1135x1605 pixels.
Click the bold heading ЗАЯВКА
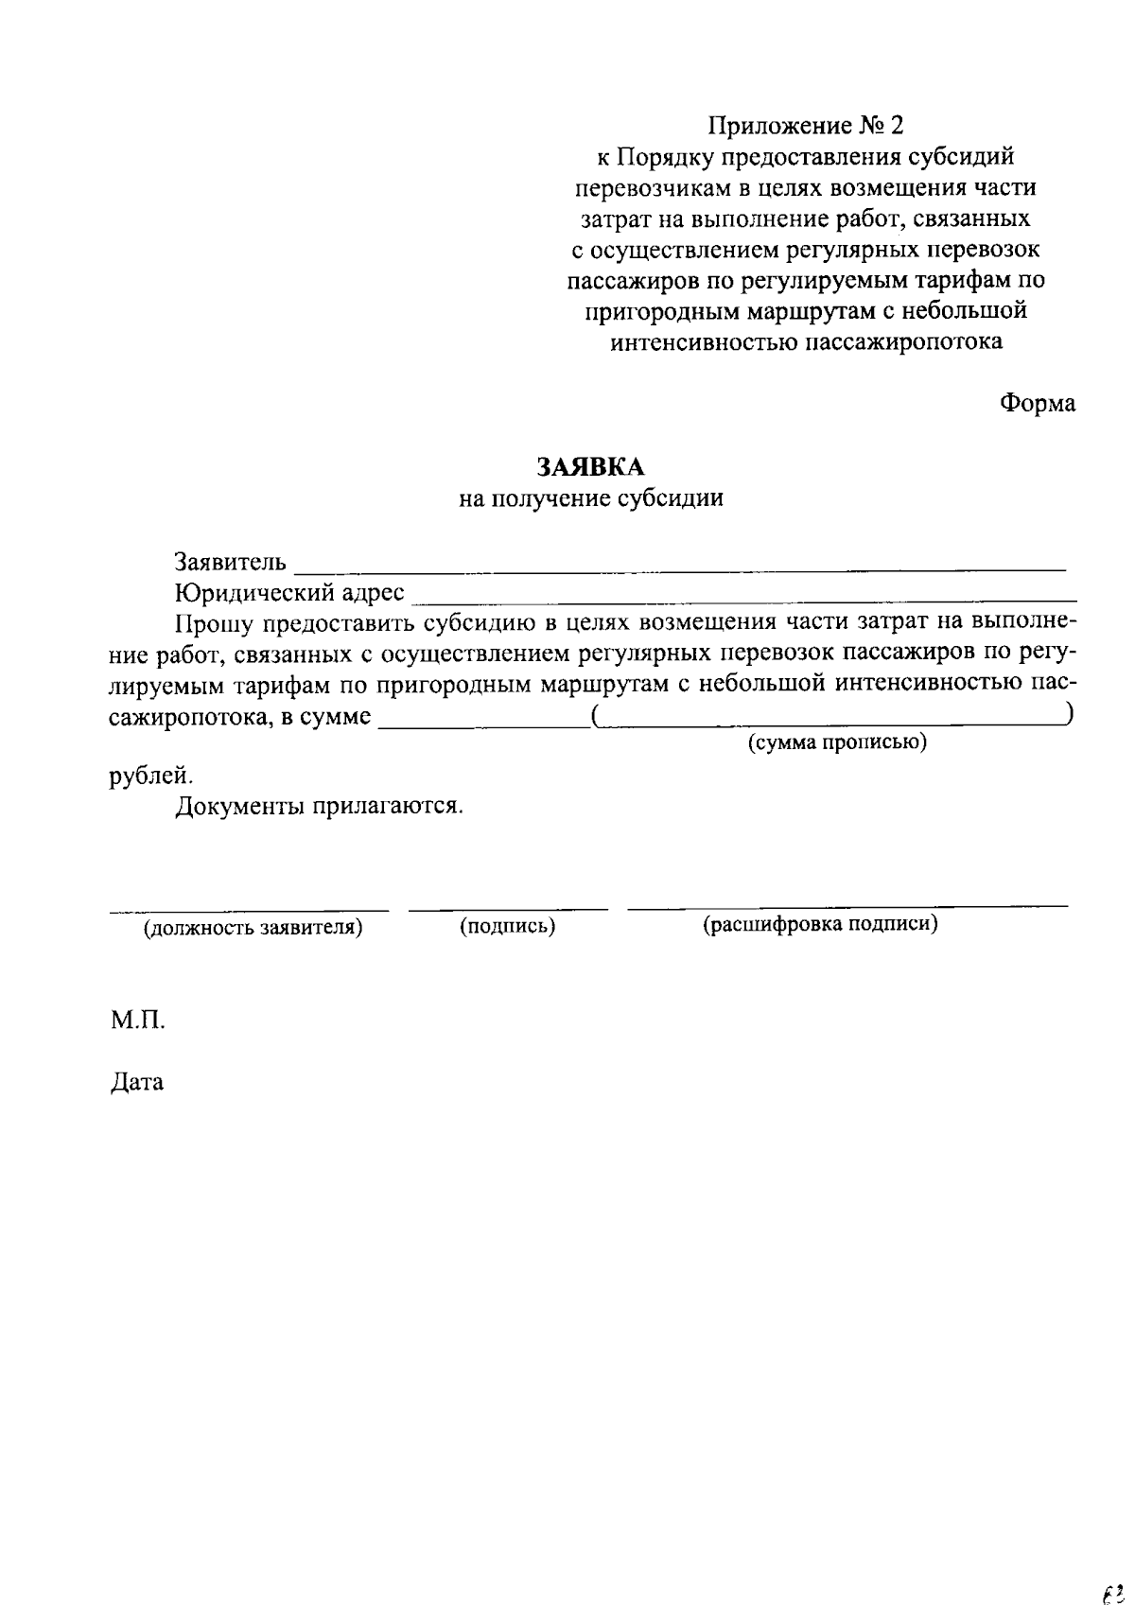coord(590,467)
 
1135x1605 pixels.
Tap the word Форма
coord(1038,403)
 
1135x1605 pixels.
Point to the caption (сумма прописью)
coord(837,742)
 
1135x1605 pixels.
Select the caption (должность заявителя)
coord(253,927)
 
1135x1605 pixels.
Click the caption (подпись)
coord(507,927)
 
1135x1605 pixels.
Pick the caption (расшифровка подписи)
coord(819,924)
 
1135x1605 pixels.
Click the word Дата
coord(137,1082)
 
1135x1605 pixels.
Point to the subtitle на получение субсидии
coord(591,498)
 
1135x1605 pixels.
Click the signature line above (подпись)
coord(508,909)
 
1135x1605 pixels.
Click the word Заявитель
coord(230,563)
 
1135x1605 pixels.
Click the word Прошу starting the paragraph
coord(214,623)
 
